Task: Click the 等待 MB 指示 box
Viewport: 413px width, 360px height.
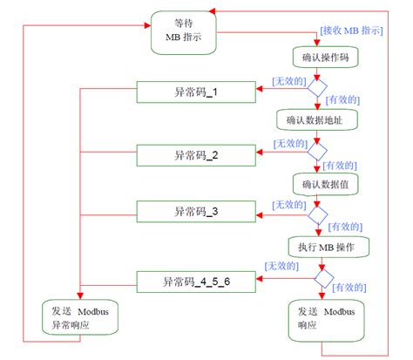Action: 182,32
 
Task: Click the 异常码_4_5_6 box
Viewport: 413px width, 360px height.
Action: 196,281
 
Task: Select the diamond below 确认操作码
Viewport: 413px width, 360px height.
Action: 316,88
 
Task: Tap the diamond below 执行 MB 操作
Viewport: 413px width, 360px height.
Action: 323,278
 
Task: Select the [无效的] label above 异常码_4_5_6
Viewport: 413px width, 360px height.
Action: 283,264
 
